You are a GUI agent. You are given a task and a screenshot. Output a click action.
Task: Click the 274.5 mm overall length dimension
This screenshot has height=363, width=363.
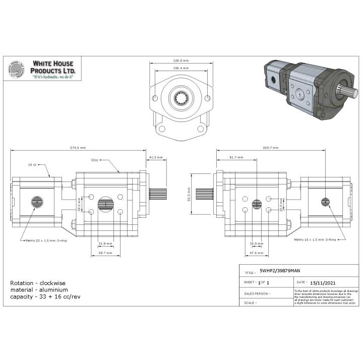(x=78, y=148)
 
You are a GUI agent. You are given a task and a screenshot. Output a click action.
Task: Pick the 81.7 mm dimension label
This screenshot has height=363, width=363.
(x=237, y=157)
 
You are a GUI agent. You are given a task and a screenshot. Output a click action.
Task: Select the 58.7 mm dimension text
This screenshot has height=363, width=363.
(x=105, y=252)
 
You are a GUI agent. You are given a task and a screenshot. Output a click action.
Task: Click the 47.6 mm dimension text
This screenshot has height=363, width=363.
(x=257, y=252)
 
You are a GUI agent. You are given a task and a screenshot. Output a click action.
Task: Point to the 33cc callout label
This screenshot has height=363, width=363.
(x=94, y=160)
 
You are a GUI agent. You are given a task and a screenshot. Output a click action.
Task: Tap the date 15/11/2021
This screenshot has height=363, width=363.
(x=322, y=282)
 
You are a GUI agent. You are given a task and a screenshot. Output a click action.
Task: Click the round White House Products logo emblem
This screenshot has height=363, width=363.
(x=17, y=71)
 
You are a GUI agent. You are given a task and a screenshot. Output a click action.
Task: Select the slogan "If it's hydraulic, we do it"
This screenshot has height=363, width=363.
(x=53, y=78)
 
